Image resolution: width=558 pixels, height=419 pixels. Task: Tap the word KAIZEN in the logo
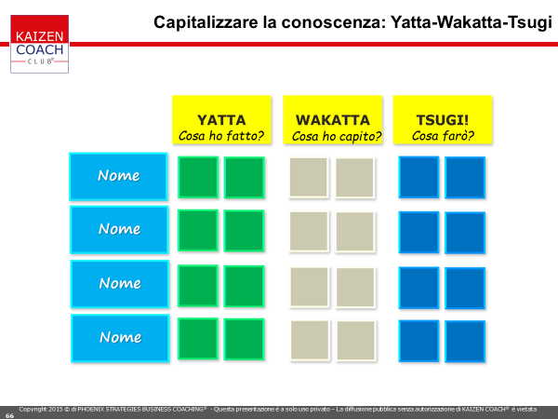(x=39, y=36)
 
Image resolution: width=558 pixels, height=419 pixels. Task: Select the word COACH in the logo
(x=39, y=49)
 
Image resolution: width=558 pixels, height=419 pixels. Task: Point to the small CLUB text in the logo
(x=40, y=61)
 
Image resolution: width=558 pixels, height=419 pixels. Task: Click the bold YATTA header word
(x=221, y=120)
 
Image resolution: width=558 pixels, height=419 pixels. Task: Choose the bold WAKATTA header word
(x=333, y=120)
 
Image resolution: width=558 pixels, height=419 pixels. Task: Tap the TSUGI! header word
(x=443, y=120)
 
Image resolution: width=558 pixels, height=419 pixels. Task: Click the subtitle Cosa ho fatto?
(x=221, y=136)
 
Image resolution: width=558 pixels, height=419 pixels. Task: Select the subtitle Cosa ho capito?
(x=337, y=136)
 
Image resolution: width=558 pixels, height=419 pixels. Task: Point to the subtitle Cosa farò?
(x=443, y=136)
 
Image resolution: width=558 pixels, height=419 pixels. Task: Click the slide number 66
(x=9, y=415)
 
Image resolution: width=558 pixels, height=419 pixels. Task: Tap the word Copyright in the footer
(x=33, y=410)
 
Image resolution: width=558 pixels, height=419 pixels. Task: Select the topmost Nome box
(x=118, y=176)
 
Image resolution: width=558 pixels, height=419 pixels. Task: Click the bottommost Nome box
(x=120, y=338)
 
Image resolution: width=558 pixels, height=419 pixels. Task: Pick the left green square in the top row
(x=198, y=177)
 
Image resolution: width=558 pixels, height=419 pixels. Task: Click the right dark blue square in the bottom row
(x=465, y=342)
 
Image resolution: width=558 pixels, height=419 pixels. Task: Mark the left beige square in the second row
(x=309, y=232)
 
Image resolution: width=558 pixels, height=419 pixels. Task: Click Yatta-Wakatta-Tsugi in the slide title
(x=472, y=22)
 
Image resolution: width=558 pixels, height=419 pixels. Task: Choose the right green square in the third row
(x=244, y=286)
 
